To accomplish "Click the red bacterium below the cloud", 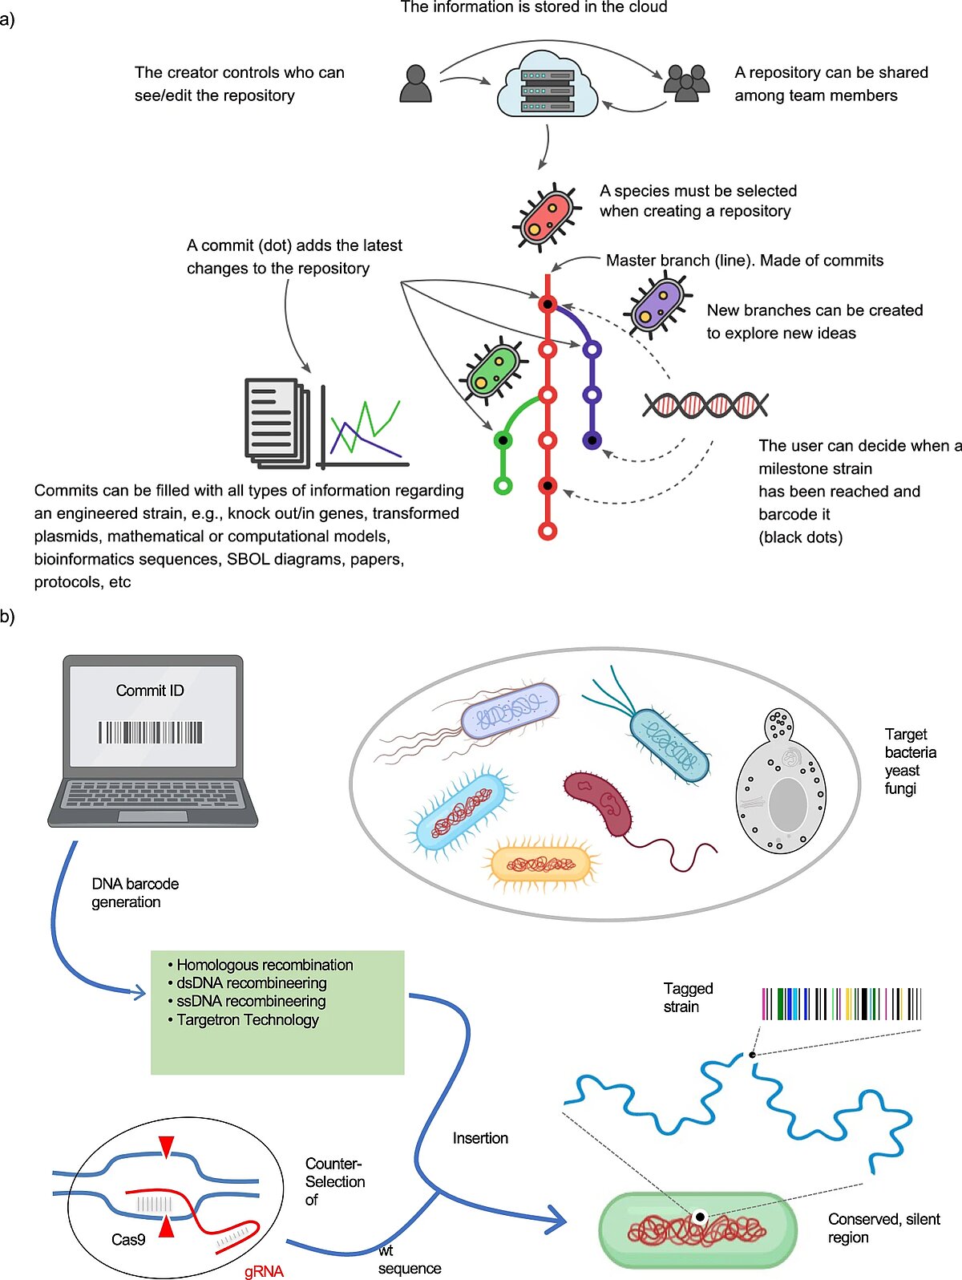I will (547, 217).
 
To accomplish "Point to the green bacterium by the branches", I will (491, 371).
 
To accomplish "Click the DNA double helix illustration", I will (705, 405).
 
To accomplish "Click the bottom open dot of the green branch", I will (503, 485).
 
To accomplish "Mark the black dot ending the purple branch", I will (592, 439).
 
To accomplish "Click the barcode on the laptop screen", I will (151, 732).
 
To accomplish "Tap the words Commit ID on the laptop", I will (150, 691).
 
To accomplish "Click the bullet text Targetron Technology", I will (247, 1019).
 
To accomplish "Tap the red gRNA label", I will (264, 1271).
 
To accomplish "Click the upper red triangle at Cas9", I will (166, 1145).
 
